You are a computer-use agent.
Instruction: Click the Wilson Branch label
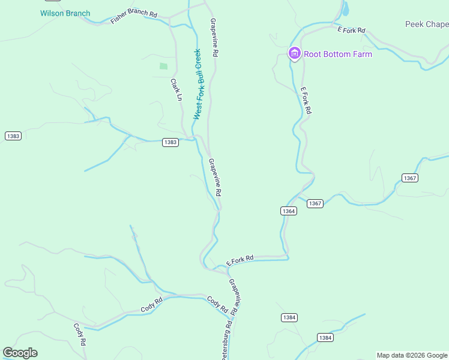(x=65, y=13)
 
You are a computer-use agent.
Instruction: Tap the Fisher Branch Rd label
(x=133, y=17)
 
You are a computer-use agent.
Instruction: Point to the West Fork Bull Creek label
(x=199, y=84)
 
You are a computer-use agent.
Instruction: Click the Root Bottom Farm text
(x=338, y=54)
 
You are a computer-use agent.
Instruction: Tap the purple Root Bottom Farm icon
(x=294, y=53)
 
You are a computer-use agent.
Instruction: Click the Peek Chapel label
(x=427, y=24)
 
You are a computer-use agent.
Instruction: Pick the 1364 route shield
(x=288, y=211)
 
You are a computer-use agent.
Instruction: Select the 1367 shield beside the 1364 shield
(x=315, y=203)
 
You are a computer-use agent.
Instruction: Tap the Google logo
(x=20, y=353)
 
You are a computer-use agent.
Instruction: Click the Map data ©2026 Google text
(x=412, y=355)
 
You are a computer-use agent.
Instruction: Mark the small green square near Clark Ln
(x=163, y=66)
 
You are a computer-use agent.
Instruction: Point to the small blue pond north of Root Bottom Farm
(x=345, y=9)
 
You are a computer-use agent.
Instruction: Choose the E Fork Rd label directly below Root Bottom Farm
(x=306, y=101)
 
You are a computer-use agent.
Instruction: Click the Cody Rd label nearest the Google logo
(x=80, y=334)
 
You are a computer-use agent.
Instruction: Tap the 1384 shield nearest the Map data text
(x=325, y=338)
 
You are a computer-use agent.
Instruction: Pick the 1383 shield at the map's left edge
(x=13, y=136)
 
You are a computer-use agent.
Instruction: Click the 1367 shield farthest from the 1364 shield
(x=410, y=178)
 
